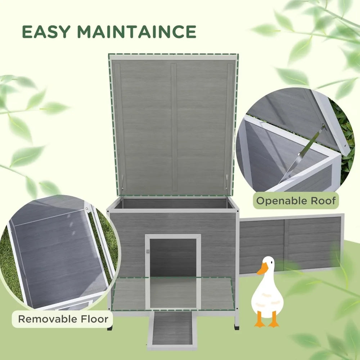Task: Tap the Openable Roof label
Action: click(296, 201)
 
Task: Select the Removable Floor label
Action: click(63, 319)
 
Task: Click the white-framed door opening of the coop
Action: click(173, 259)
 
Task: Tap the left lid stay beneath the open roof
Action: click(121, 185)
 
